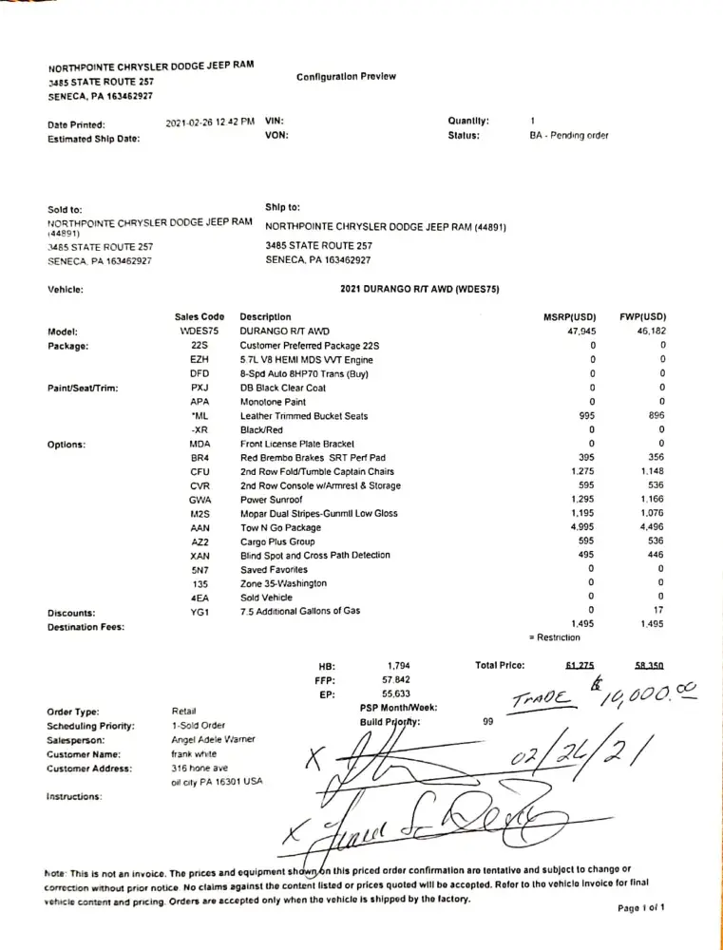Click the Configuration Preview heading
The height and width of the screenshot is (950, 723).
pyautogui.click(x=346, y=77)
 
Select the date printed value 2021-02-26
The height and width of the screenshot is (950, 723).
pyautogui.click(x=210, y=122)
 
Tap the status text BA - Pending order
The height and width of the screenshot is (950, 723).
pyautogui.click(x=568, y=136)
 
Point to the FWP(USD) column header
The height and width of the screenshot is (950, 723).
pyautogui.click(x=640, y=317)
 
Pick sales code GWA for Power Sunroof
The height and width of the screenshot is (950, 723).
pyautogui.click(x=200, y=500)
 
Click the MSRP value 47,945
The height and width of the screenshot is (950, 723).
pyautogui.click(x=581, y=332)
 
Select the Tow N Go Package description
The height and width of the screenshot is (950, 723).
pyautogui.click(x=280, y=527)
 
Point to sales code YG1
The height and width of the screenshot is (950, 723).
pyautogui.click(x=200, y=611)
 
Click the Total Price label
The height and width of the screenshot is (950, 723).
pyautogui.click(x=500, y=666)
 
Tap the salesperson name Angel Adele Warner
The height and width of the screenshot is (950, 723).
pyautogui.click(x=213, y=739)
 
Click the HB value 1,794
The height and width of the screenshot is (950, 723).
pyautogui.click(x=398, y=667)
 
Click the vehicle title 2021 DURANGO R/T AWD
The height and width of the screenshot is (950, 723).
pyautogui.click(x=420, y=289)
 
